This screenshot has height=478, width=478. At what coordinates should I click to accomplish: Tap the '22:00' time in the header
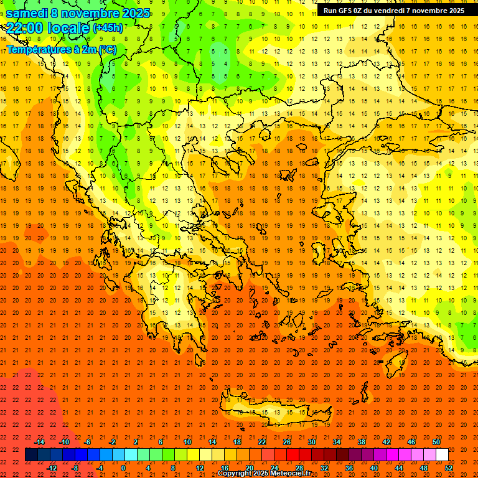(24, 27)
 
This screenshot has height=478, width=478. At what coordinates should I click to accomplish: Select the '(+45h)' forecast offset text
(108, 28)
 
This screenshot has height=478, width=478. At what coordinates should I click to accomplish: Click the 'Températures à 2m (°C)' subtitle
(61, 50)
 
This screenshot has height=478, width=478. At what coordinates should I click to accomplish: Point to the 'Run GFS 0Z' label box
(393, 11)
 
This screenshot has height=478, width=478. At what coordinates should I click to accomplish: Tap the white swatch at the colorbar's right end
(442, 455)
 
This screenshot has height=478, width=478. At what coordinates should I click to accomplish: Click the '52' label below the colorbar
(449, 468)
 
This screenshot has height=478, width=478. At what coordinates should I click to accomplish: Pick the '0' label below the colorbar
(123, 468)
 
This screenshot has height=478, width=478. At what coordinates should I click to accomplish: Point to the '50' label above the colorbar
(436, 442)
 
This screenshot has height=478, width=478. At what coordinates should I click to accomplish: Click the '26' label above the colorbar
(287, 442)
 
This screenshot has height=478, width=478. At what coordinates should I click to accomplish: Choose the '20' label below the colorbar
(249, 468)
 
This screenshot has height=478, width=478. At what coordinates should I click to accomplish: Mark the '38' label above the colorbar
(362, 442)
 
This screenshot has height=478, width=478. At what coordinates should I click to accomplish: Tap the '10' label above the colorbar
(187, 442)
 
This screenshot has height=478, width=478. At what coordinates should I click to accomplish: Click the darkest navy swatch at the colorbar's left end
(31, 455)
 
